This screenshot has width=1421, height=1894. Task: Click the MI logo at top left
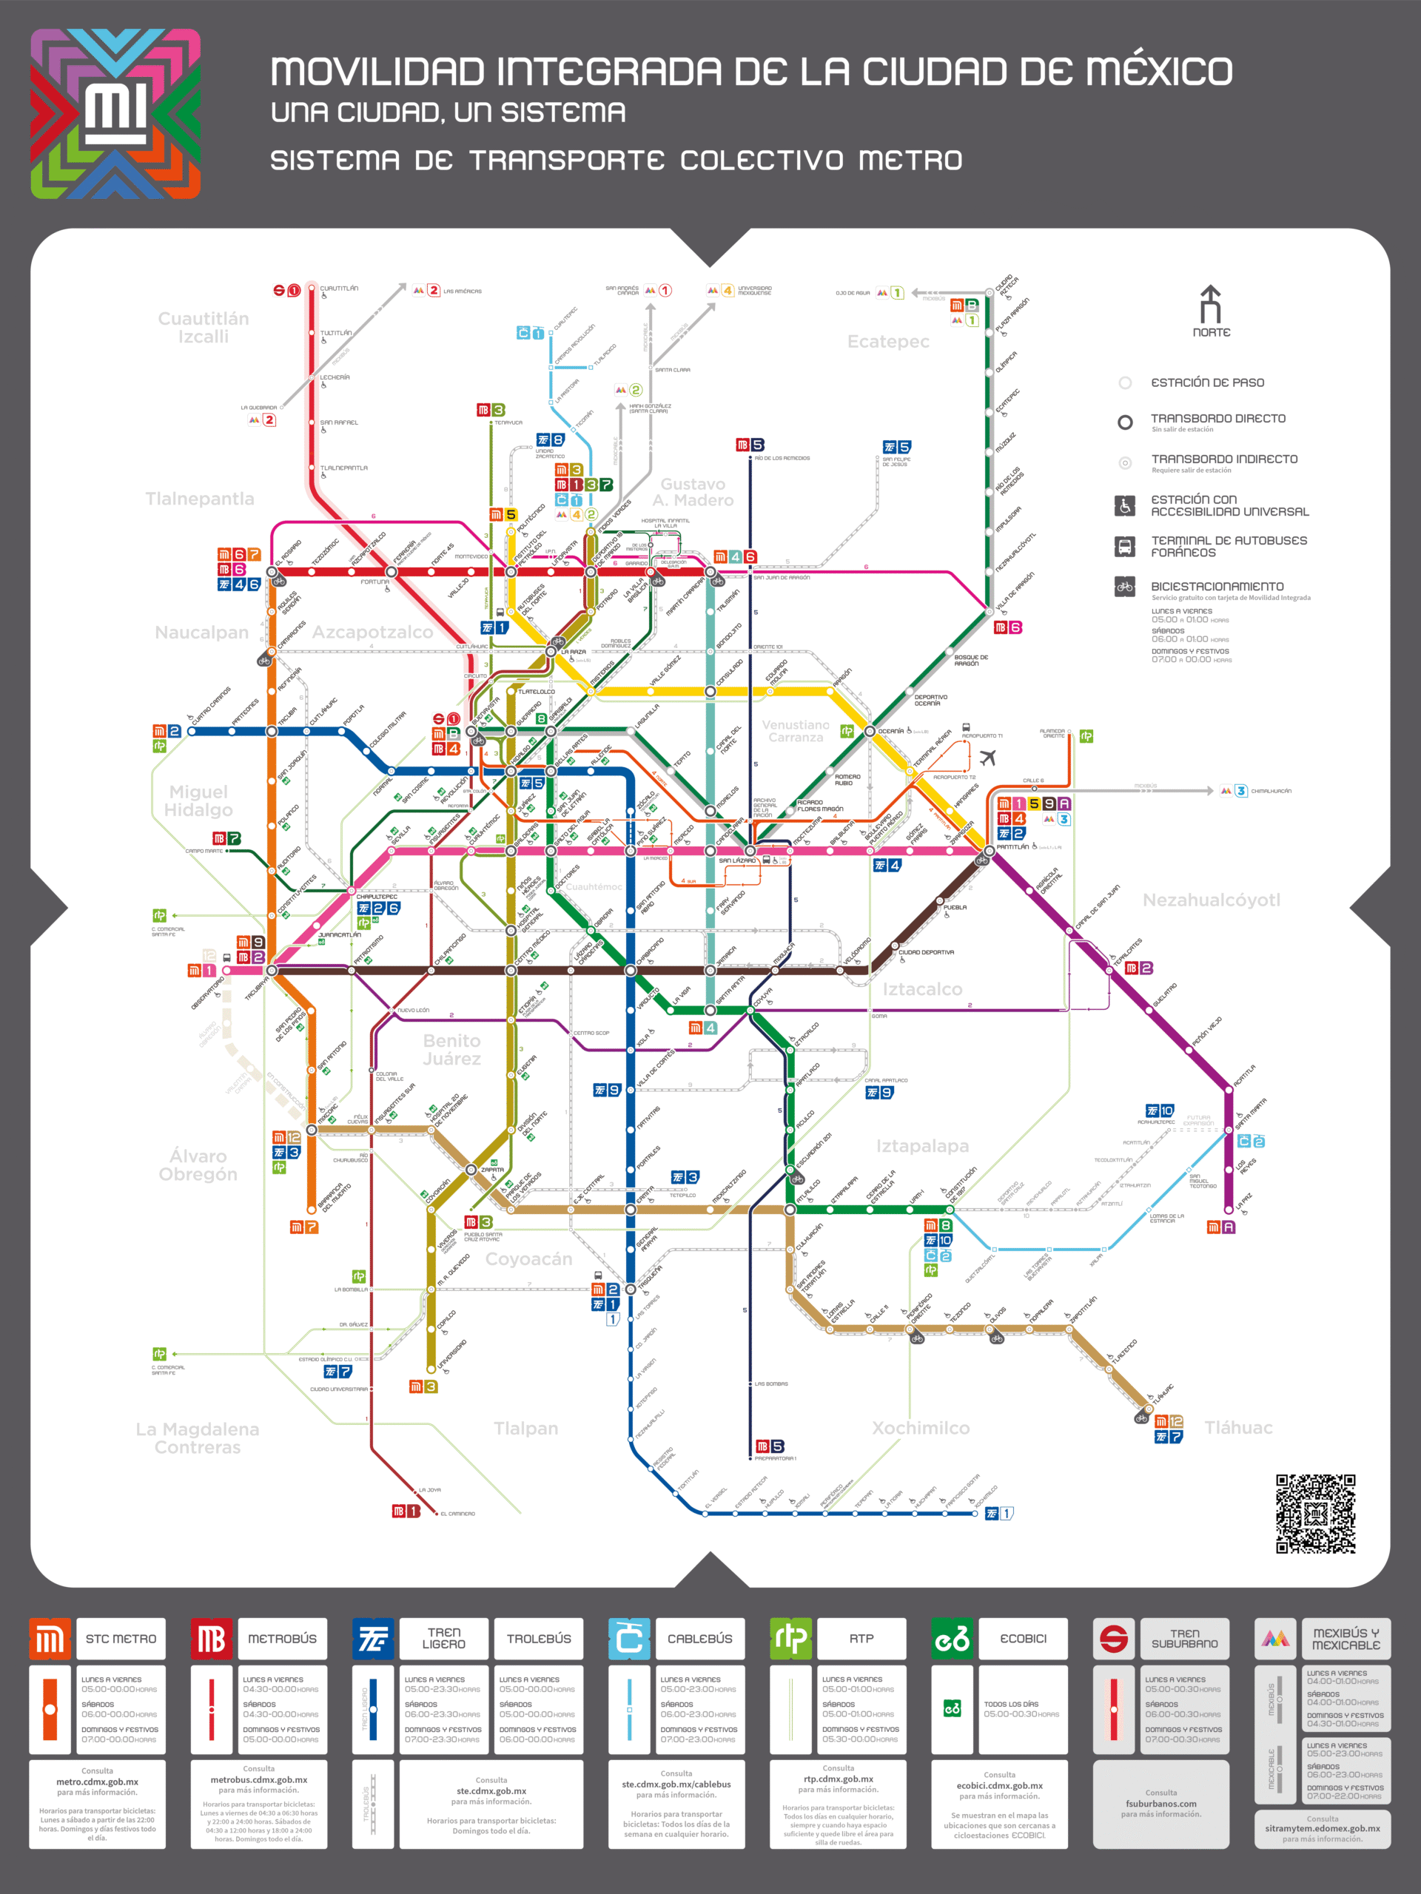click(115, 114)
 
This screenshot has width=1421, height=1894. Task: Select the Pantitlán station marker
click(990, 850)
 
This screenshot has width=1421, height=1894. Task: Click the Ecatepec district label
click(888, 342)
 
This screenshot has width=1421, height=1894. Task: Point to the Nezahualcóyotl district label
click(1211, 900)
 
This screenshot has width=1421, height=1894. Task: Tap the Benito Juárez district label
click(451, 1050)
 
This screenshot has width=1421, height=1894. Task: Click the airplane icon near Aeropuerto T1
click(987, 758)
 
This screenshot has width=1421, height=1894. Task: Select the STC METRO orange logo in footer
click(50, 1639)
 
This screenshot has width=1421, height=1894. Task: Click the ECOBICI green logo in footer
click(953, 1639)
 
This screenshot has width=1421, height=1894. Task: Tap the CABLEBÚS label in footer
click(700, 1639)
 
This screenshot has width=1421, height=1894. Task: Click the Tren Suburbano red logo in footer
click(1114, 1639)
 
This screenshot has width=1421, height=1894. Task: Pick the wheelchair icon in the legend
click(1125, 505)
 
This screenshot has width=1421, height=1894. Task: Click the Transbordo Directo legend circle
click(1126, 422)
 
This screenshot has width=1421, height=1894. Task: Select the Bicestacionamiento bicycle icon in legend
click(1125, 587)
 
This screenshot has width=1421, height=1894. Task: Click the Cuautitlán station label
click(339, 289)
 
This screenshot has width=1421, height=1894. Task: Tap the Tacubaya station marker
click(272, 970)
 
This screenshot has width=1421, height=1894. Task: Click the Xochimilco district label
click(921, 1428)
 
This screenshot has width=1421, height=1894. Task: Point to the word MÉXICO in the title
click(1159, 71)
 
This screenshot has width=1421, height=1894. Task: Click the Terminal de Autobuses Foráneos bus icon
click(1125, 546)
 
